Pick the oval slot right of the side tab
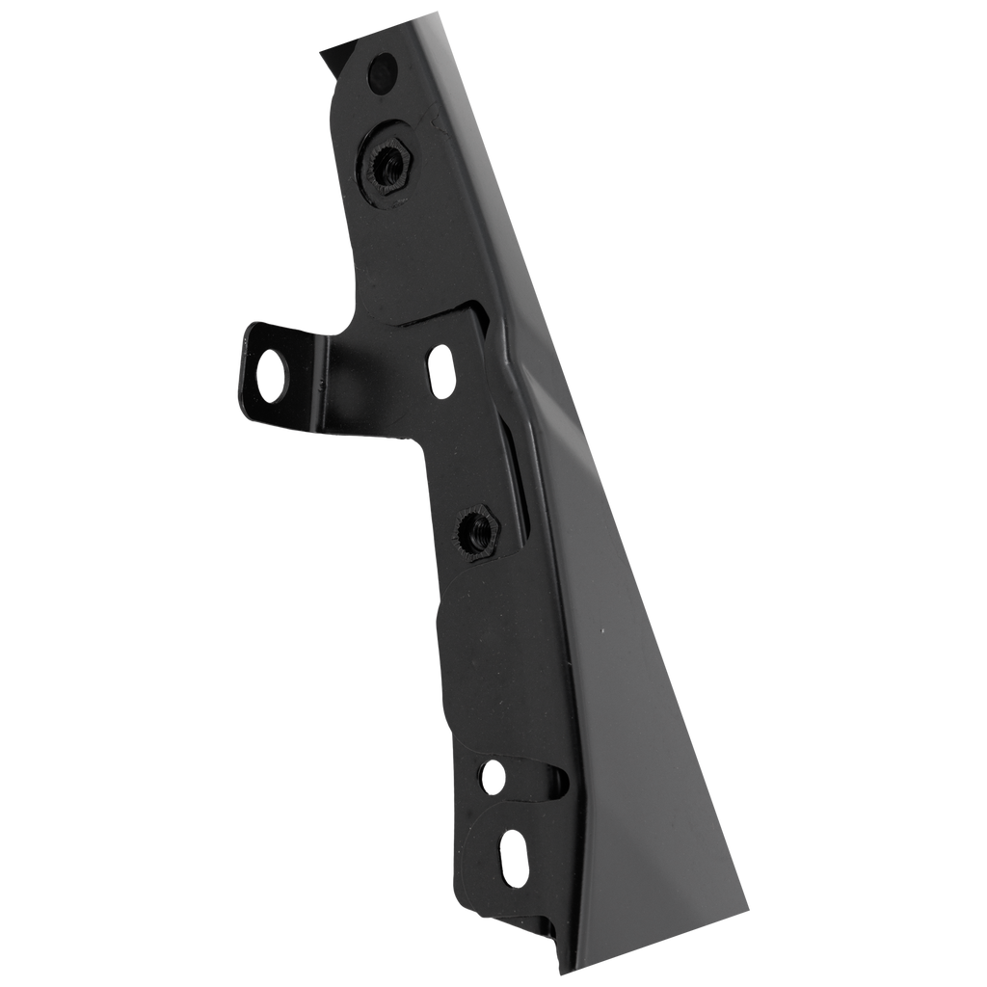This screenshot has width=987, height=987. point(441,370)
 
